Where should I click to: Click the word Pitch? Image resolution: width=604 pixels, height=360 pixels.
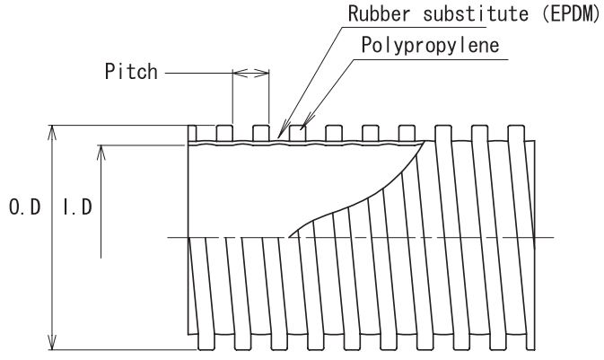point(131,71)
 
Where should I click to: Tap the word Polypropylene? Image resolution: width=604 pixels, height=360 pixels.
point(430,46)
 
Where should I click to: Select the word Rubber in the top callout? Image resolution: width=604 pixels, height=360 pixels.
point(380,13)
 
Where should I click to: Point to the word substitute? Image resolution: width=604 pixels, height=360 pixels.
point(477,13)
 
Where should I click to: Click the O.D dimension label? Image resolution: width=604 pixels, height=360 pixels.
point(24,207)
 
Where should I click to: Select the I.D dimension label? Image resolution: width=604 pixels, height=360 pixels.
point(77,207)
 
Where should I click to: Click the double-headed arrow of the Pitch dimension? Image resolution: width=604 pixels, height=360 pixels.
point(250,73)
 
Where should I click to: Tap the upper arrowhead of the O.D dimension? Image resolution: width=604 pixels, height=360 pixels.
point(52,132)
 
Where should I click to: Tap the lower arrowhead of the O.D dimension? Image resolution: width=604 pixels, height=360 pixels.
point(52,343)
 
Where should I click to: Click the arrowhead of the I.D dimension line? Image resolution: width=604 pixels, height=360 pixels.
point(101,153)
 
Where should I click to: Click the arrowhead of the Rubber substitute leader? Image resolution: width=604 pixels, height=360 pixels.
point(284,129)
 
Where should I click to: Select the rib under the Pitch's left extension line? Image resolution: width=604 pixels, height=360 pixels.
point(224,134)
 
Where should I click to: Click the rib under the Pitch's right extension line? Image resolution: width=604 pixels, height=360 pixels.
point(261,134)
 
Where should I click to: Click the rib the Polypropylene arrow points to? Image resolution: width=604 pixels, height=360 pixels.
point(297,134)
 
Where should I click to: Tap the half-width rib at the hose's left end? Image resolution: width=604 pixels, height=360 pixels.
point(192,134)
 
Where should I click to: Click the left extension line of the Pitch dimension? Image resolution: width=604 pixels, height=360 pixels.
point(232,97)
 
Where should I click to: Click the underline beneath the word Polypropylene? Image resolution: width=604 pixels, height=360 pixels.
point(430,60)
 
